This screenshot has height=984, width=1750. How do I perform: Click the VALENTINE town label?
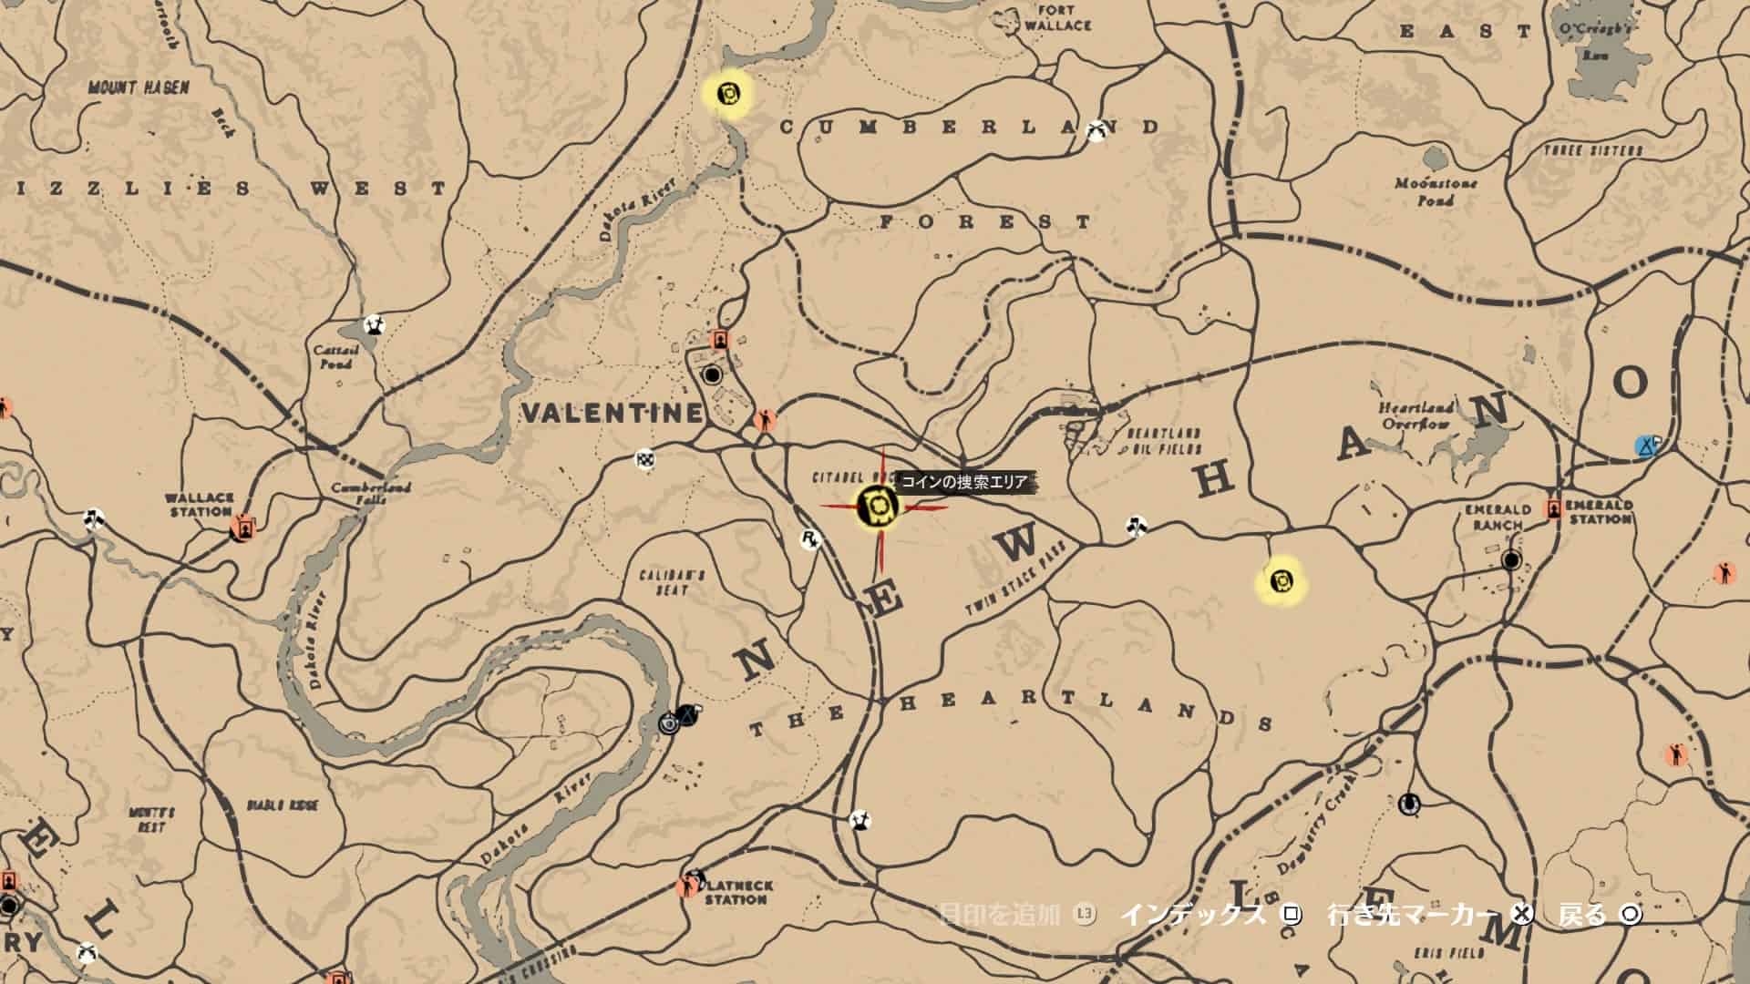point(612,413)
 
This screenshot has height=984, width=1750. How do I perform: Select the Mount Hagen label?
point(139,87)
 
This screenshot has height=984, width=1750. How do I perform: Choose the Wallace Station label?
point(199,505)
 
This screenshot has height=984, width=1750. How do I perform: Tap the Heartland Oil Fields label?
point(1165,441)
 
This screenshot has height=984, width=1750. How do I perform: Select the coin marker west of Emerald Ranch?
point(1281,579)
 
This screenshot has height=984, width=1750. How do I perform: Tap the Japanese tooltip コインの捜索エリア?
point(963,482)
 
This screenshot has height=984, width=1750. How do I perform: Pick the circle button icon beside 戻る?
point(1630,914)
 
